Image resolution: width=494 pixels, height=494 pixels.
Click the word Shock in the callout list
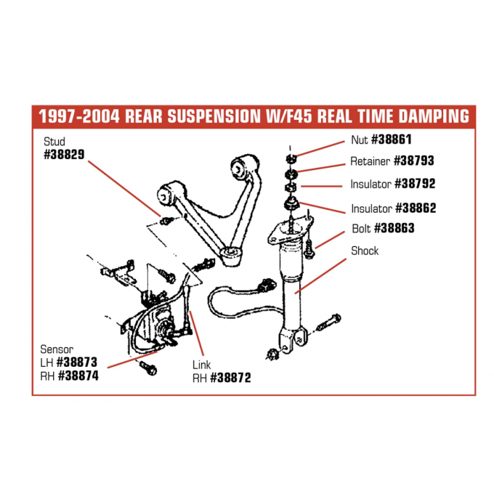365,251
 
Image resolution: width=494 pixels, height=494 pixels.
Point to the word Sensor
57,349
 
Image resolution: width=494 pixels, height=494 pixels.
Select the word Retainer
370,161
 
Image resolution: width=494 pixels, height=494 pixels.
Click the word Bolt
361,228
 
